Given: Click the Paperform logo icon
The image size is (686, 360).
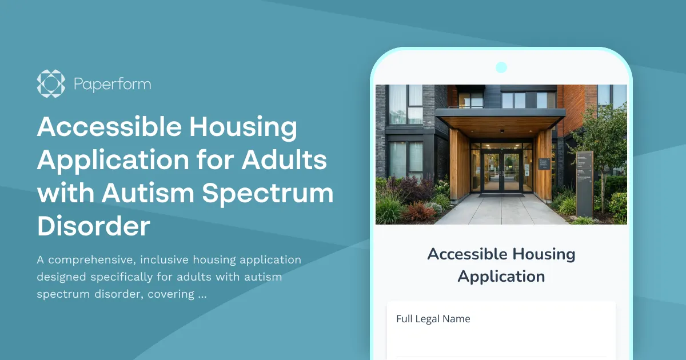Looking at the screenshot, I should tap(51, 84).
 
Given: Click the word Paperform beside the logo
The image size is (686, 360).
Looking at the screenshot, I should tap(112, 85).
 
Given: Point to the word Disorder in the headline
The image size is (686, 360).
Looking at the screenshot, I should tap(93, 226).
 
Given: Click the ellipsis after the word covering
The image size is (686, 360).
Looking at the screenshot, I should tap(202, 295).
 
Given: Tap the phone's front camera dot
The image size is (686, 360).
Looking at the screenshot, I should tap(501, 67).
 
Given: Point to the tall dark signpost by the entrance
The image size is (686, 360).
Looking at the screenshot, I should tap(584, 183).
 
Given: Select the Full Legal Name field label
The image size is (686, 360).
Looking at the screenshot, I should tap(433, 319).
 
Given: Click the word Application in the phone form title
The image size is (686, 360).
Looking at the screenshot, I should tap(501, 277).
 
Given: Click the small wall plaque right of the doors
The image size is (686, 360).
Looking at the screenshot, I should tap(543, 164).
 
